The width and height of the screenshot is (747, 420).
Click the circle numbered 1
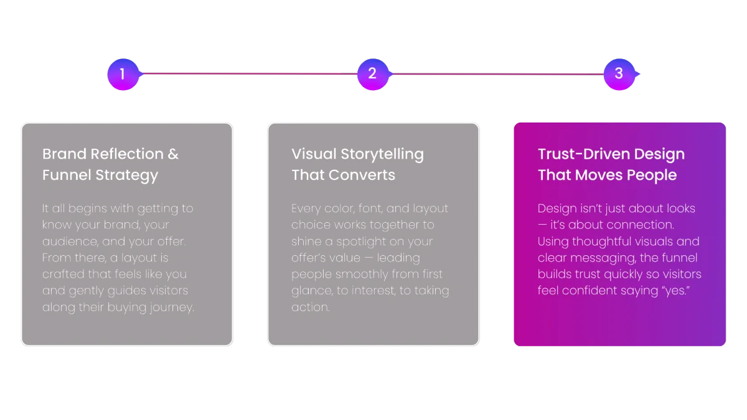(123, 74)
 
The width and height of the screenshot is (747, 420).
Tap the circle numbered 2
(373, 74)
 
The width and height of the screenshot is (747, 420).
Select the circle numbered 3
(619, 74)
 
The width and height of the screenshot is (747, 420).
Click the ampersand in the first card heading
(173, 154)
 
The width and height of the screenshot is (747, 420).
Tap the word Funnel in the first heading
(67, 175)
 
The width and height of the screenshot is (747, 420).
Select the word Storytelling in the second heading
(382, 155)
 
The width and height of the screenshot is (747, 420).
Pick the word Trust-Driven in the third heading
(584, 154)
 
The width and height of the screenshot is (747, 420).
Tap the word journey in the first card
(171, 307)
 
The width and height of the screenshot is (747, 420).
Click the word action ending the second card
(311, 307)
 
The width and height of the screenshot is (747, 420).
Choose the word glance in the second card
(312, 291)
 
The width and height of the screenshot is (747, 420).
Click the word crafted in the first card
(63, 274)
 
